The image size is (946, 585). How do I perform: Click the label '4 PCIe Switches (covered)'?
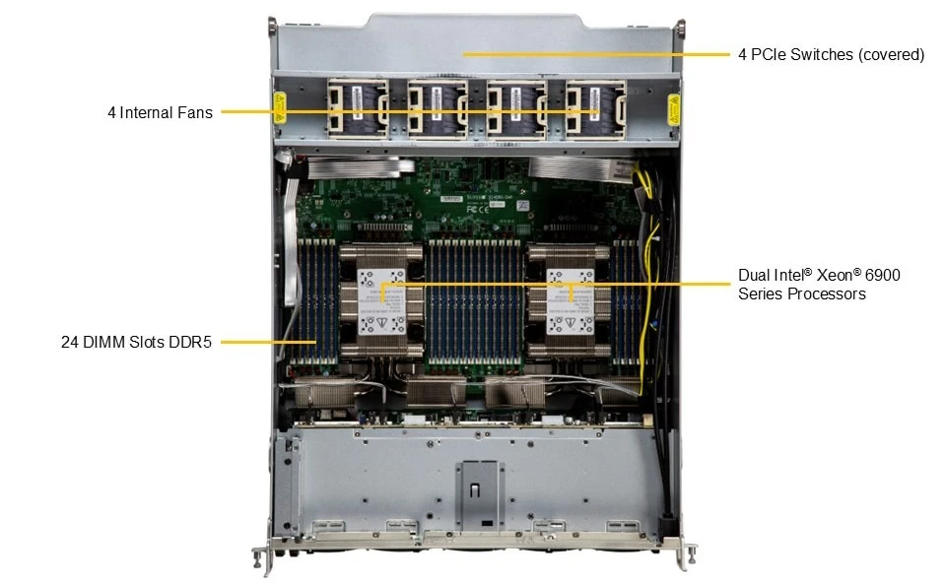click(x=831, y=54)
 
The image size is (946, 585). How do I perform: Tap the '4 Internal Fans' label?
click(x=160, y=113)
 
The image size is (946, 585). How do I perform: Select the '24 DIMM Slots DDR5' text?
click(x=136, y=342)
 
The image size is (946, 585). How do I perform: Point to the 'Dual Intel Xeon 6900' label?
click(x=819, y=275)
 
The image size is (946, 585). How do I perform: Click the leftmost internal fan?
click(x=358, y=109)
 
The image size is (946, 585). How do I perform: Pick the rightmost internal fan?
click(x=595, y=109)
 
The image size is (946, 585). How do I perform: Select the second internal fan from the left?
click(x=438, y=109)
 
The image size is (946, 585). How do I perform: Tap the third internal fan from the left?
click(x=516, y=109)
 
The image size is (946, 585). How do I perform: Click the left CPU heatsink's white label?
click(x=382, y=301)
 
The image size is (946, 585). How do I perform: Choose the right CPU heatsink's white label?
click(x=570, y=301)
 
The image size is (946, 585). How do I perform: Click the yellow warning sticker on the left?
click(x=279, y=107)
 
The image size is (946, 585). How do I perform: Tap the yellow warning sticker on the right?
click(x=674, y=109)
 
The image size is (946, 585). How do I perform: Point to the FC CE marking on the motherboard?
click(x=478, y=209)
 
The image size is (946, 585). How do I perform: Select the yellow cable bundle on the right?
click(x=645, y=272)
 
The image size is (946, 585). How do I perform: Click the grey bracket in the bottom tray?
click(x=480, y=494)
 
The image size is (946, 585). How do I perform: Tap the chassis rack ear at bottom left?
click(x=263, y=557)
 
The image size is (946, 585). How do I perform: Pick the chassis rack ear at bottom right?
click(x=686, y=556)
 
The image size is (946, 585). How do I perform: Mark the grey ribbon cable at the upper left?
click(x=353, y=167)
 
